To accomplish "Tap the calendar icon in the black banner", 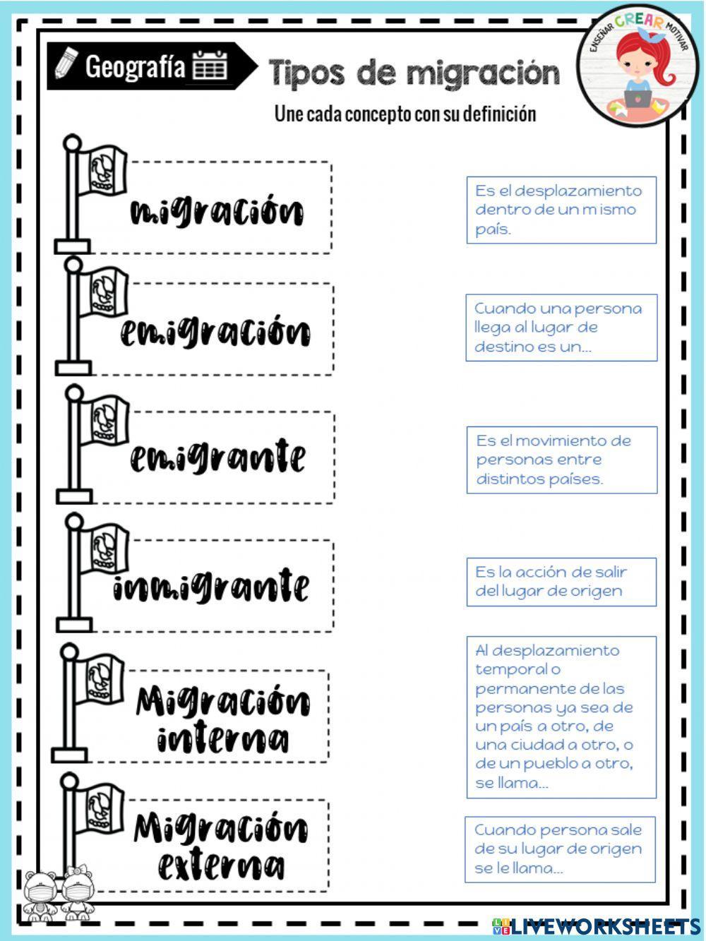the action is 210,65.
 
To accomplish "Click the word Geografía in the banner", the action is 135,66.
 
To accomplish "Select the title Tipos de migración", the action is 414,72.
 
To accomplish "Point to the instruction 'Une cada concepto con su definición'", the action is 405,114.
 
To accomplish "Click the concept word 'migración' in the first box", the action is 217,211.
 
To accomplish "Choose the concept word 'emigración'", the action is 215,331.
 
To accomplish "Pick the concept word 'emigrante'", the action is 217,457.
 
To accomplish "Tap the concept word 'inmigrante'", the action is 211,586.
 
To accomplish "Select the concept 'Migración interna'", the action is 221,719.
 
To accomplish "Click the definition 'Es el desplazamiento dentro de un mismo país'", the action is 561,210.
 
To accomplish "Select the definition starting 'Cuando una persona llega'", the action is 561,328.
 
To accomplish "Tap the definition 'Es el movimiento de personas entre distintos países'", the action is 561,460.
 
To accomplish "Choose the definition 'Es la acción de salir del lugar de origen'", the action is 561,582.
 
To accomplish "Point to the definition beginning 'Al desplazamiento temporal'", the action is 561,717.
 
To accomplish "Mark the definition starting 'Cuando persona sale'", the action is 559,849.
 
